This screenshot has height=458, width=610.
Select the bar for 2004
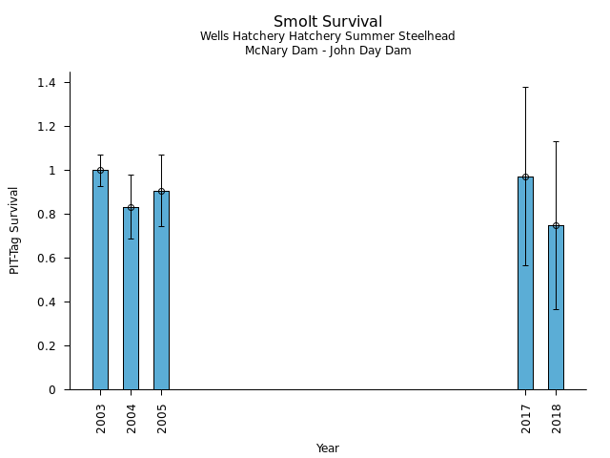(x=131, y=298)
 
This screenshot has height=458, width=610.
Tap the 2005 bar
(x=161, y=290)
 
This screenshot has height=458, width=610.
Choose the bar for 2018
(x=556, y=307)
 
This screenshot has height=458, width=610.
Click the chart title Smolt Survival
(x=327, y=22)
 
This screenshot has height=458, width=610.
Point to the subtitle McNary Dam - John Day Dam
(x=327, y=51)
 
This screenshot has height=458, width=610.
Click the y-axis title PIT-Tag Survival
(x=14, y=230)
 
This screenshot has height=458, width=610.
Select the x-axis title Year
(x=327, y=448)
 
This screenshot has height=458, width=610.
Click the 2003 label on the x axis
(x=100, y=417)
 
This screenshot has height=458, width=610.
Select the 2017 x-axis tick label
(x=525, y=417)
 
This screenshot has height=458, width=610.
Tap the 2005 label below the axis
(x=161, y=417)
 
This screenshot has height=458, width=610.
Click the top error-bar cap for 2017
(x=525, y=87)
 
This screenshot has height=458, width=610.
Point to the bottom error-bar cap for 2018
(x=556, y=309)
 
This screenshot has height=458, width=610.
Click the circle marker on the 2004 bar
(x=131, y=207)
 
